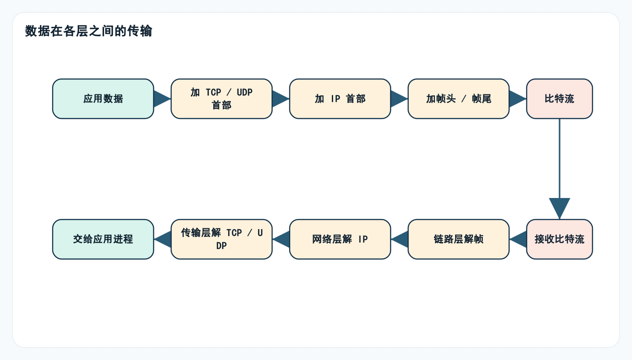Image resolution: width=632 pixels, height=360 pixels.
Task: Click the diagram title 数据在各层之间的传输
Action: (x=89, y=32)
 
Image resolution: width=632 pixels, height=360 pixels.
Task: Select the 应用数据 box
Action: (x=103, y=99)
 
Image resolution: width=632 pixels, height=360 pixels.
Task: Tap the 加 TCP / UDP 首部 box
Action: (x=222, y=99)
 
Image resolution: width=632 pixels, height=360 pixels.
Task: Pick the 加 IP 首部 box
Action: (x=340, y=99)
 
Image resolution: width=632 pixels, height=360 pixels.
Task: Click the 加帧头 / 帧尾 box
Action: (x=459, y=99)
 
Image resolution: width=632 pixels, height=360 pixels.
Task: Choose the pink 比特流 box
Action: (x=560, y=99)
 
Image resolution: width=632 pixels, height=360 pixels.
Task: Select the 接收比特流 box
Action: (x=560, y=239)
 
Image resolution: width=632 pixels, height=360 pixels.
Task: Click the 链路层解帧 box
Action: (x=459, y=239)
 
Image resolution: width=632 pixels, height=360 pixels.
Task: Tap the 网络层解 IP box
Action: (x=340, y=239)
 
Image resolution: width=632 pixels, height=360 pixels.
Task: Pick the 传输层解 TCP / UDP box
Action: (x=222, y=239)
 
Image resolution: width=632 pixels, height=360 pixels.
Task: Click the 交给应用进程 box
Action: (x=103, y=239)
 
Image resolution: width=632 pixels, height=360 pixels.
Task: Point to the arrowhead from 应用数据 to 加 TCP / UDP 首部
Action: (x=162, y=99)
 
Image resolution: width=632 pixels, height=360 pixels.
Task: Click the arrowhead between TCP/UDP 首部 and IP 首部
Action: (x=280, y=99)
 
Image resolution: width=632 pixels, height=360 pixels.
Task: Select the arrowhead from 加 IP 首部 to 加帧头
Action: (x=399, y=99)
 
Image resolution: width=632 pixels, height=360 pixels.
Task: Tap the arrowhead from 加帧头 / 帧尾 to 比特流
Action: (x=517, y=99)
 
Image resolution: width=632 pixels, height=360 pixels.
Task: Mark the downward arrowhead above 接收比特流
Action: (x=560, y=207)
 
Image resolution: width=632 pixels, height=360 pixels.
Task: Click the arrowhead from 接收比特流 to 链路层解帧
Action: (x=519, y=239)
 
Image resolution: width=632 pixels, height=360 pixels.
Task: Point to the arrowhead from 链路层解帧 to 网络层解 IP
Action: (x=400, y=239)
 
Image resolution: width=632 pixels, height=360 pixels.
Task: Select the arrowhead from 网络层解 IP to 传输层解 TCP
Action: (x=282, y=239)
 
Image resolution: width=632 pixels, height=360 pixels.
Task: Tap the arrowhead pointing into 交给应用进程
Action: (x=163, y=239)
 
